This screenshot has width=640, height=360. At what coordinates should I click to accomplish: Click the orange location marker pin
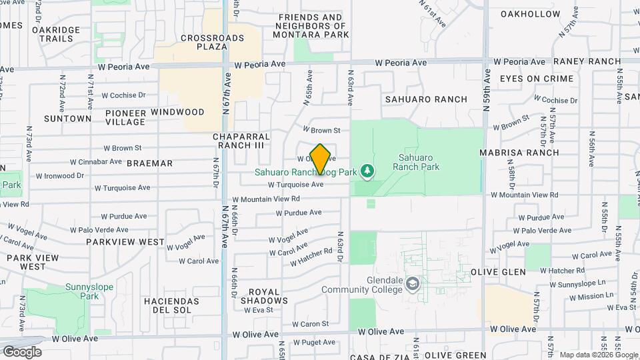320,159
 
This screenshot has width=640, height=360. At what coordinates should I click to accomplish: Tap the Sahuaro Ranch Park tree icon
367,171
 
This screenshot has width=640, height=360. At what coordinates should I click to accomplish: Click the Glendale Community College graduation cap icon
413,284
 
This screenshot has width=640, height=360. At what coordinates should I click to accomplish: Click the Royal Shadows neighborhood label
268,296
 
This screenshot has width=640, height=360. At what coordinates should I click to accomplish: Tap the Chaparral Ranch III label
239,141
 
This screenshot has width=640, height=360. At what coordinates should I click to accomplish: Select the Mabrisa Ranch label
520,152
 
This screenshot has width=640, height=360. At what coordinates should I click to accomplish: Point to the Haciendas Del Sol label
171,305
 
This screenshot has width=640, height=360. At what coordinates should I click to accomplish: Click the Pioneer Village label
125,117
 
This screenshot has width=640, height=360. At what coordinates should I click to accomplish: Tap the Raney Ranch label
587,61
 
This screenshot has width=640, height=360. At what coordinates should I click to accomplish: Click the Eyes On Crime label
537,79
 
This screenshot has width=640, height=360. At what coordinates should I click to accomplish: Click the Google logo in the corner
21,351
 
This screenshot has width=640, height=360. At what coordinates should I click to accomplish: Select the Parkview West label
125,241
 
